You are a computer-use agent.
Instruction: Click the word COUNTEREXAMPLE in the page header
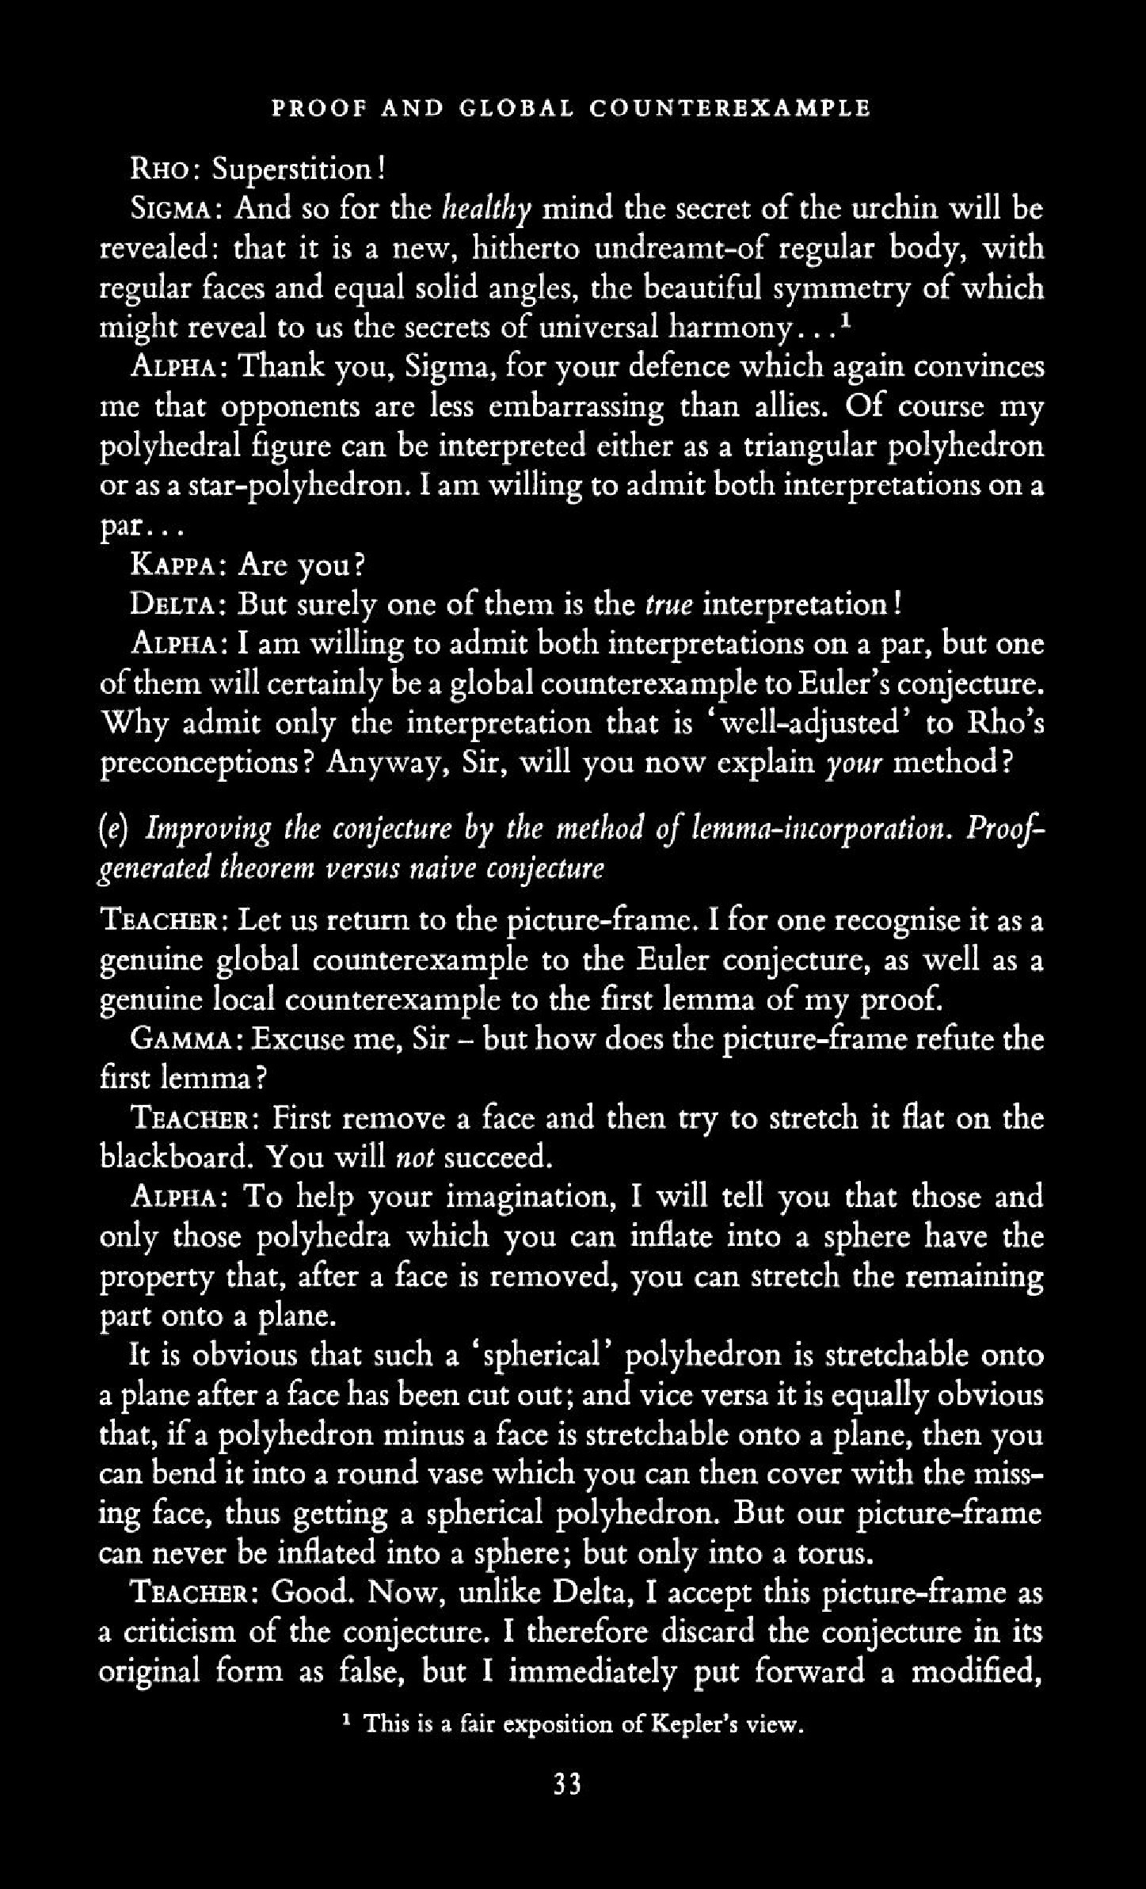[x=729, y=108]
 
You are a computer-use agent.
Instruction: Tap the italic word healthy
[x=485, y=209]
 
